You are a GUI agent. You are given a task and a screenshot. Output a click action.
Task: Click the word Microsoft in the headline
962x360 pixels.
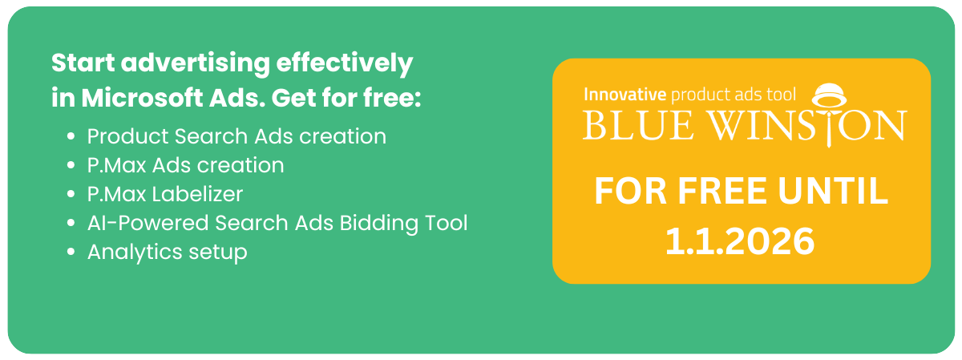point(142,98)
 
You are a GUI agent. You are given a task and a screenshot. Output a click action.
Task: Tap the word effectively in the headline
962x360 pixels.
point(345,64)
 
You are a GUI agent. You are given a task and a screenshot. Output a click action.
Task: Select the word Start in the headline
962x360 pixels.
point(83,63)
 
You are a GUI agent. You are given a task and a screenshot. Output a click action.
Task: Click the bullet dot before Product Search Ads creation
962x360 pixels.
point(71,136)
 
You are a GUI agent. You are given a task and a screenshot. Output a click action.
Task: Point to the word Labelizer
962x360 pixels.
point(198,194)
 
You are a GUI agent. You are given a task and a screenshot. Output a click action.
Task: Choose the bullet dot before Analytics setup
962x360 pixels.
point(71,252)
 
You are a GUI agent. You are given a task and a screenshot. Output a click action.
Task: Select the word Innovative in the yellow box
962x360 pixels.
point(624,95)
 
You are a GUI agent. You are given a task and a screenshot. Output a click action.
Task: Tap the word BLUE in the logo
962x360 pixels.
point(638,125)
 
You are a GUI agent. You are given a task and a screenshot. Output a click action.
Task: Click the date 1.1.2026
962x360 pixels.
point(739,241)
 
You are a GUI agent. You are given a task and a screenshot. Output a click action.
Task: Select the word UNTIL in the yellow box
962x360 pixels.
point(832,191)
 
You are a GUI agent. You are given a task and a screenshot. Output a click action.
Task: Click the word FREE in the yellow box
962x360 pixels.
point(722,191)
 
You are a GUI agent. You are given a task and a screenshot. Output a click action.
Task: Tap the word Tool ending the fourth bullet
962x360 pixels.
point(447,223)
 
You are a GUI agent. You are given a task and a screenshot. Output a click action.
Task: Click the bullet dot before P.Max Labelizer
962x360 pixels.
point(71,194)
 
